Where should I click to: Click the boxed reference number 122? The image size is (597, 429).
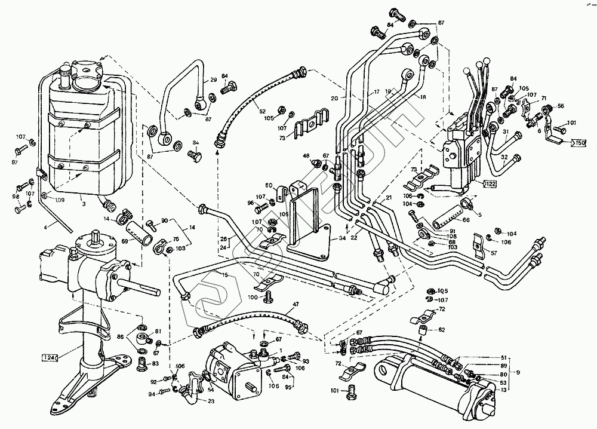coord(490,183)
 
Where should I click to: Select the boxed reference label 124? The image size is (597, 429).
coord(50,357)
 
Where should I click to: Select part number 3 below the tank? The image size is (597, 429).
coord(84,204)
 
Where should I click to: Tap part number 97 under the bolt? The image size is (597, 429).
coord(16,163)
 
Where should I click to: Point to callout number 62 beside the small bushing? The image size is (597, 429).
coord(441,329)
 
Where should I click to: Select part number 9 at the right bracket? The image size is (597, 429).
coord(518,373)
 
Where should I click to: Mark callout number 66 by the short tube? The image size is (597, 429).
coord(466,220)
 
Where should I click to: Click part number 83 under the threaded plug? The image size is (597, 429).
coord(156,363)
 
